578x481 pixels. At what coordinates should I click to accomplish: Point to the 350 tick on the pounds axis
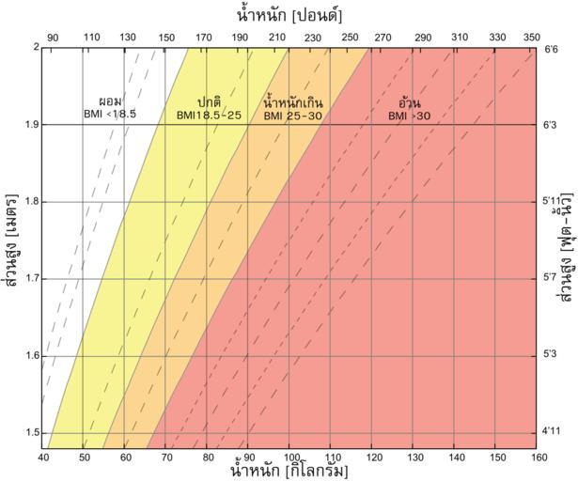[x=532, y=37]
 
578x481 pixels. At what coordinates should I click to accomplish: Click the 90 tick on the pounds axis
[x=54, y=37]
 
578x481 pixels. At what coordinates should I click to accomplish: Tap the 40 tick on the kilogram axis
[x=43, y=458]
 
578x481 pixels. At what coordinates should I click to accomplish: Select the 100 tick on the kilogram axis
[x=290, y=458]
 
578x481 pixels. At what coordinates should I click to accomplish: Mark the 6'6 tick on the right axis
[x=552, y=48]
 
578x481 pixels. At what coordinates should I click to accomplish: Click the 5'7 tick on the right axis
[x=552, y=279]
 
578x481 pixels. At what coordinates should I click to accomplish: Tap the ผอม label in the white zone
[x=111, y=101]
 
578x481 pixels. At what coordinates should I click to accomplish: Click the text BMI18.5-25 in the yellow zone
[x=209, y=115]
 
